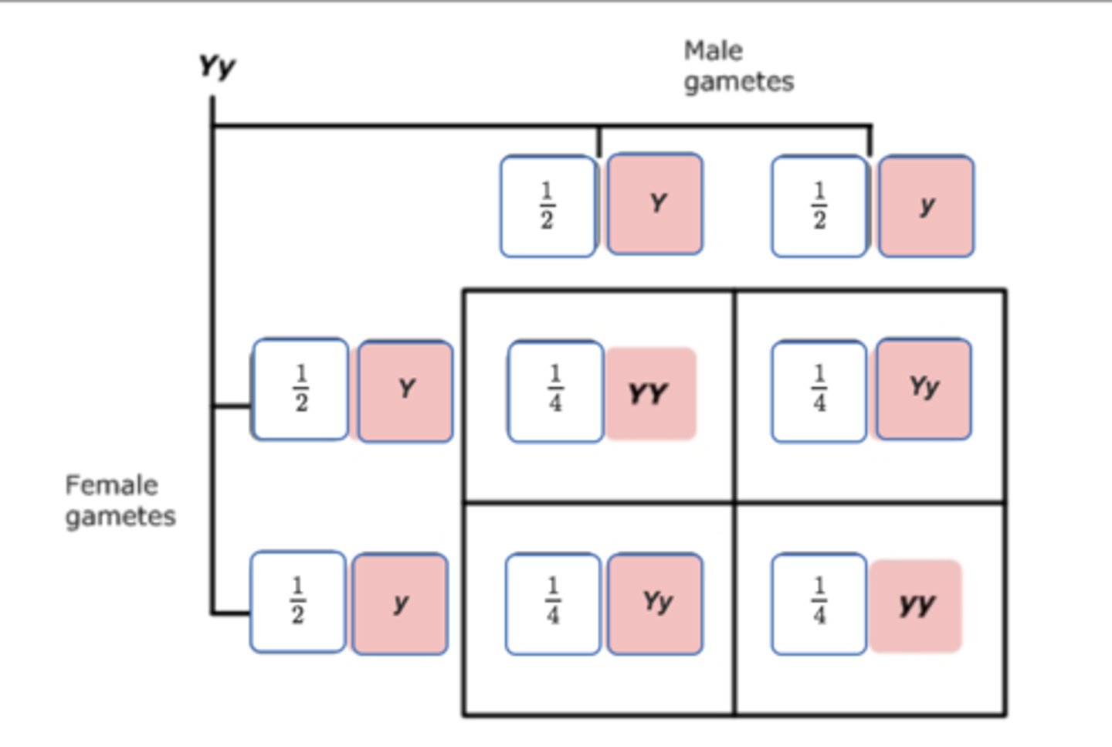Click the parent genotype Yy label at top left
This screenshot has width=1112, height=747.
(x=216, y=67)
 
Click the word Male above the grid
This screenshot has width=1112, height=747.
(x=713, y=51)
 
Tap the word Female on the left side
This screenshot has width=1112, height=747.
(x=111, y=485)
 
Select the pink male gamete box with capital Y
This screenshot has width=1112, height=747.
(x=655, y=204)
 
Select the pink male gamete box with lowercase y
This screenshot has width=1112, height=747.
(x=926, y=205)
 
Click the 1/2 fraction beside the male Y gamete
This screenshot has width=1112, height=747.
(x=548, y=206)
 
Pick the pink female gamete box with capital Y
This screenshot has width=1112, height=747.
(x=405, y=390)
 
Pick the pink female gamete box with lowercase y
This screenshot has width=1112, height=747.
(x=400, y=603)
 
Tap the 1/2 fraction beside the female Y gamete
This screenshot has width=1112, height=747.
(x=300, y=389)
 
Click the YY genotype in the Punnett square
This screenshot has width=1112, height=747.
(x=649, y=394)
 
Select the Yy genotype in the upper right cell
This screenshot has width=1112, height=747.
(x=924, y=388)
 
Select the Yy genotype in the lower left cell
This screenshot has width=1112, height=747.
(x=656, y=603)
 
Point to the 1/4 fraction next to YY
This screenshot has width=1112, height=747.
(x=555, y=390)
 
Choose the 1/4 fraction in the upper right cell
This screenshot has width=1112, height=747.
(x=819, y=390)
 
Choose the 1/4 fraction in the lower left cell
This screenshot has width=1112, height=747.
(x=553, y=603)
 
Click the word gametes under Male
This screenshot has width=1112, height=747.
(x=738, y=82)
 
